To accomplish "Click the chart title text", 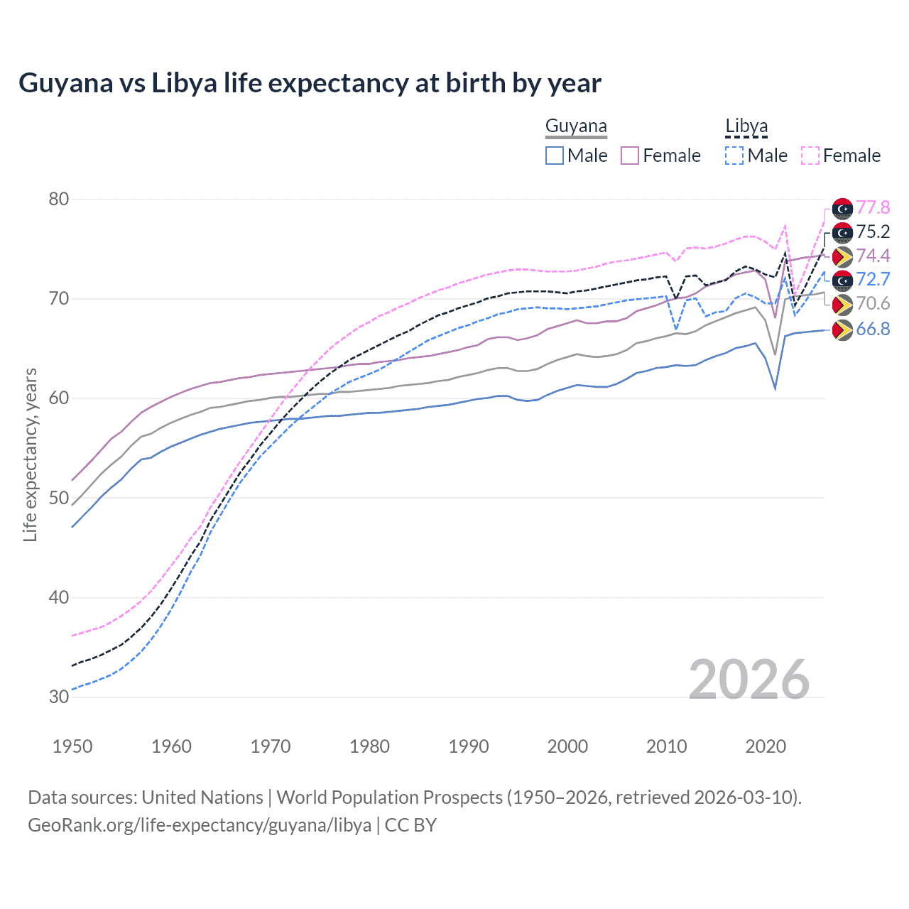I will (310, 83).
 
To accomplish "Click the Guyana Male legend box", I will (555, 156).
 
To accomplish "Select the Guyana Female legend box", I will (630, 156).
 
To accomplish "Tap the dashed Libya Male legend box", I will (734, 156).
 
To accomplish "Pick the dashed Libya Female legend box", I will (810, 156).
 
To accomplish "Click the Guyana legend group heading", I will (576, 126).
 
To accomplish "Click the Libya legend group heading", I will (746, 126).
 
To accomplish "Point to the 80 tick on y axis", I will (59, 199).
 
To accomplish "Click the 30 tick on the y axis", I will (59, 697).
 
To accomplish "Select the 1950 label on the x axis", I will (72, 746).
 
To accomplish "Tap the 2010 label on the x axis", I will (666, 746).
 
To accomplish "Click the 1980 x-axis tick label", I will (369, 746).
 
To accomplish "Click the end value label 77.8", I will (873, 207).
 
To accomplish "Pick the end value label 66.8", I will (873, 329).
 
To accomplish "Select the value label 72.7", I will (873, 279).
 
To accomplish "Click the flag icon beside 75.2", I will (842, 232).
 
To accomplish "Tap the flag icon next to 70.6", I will (842, 305).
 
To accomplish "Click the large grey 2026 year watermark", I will (749, 680).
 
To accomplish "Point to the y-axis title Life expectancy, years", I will (31, 454).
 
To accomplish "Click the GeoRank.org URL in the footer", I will (200, 825).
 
